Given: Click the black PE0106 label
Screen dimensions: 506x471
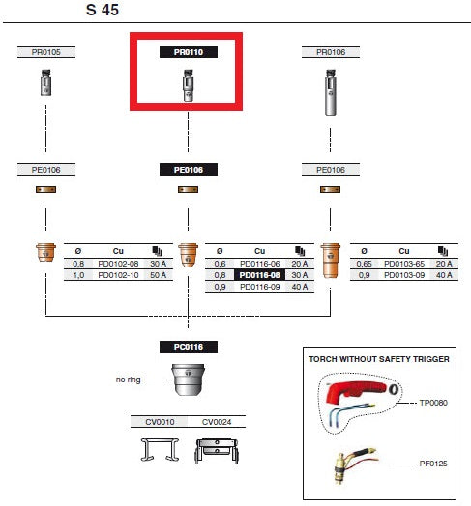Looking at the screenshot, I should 188,169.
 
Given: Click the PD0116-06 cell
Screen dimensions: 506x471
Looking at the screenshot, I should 258,263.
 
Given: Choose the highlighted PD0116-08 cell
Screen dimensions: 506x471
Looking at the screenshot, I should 258,274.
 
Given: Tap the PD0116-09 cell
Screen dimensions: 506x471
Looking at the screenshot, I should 258,287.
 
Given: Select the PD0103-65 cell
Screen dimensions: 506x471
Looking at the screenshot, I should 404,263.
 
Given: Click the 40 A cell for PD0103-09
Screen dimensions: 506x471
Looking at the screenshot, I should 444,275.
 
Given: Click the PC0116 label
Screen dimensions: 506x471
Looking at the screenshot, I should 188,346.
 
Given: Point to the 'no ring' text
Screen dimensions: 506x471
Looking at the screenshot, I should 129,379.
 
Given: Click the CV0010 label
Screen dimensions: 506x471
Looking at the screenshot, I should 160,421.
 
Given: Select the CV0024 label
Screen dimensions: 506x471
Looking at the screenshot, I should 217,421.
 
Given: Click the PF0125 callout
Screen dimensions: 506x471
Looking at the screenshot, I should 433,463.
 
